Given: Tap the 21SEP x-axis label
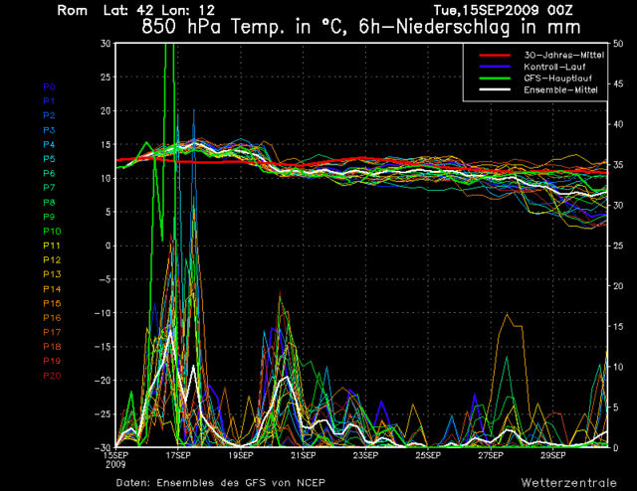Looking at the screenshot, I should click(x=303, y=455).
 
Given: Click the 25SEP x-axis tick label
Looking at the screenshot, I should click(x=428, y=455).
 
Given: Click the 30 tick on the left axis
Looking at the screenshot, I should click(x=105, y=44).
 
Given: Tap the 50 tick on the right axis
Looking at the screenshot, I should click(x=618, y=44).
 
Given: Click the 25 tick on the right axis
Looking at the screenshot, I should click(x=618, y=245).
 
